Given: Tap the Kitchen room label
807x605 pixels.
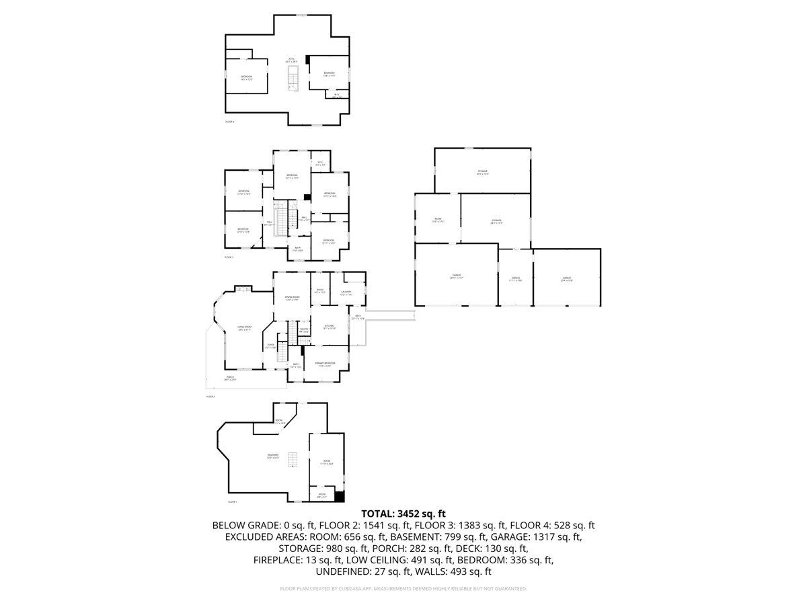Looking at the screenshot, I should [328, 327].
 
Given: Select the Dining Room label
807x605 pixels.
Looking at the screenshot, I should [291, 298].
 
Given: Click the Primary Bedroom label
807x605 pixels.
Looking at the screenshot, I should [325, 364].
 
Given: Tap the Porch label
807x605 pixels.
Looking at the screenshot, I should [230, 378].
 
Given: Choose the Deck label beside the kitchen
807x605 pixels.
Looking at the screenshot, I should [358, 317].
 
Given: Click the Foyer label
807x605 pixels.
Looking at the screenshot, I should [270, 346].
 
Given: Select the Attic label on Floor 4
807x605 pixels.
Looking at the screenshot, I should [291, 60].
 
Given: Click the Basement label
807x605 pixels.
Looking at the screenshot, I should [273, 456].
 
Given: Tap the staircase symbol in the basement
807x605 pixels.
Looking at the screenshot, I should [291, 460].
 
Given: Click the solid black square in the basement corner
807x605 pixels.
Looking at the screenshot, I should [340, 497].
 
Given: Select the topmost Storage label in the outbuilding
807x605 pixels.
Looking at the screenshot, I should [482, 173].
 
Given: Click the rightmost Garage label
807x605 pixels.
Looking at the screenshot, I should [566, 278].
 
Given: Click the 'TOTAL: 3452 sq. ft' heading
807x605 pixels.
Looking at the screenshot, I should [403, 513].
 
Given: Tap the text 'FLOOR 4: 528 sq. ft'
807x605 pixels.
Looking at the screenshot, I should [552, 525].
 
